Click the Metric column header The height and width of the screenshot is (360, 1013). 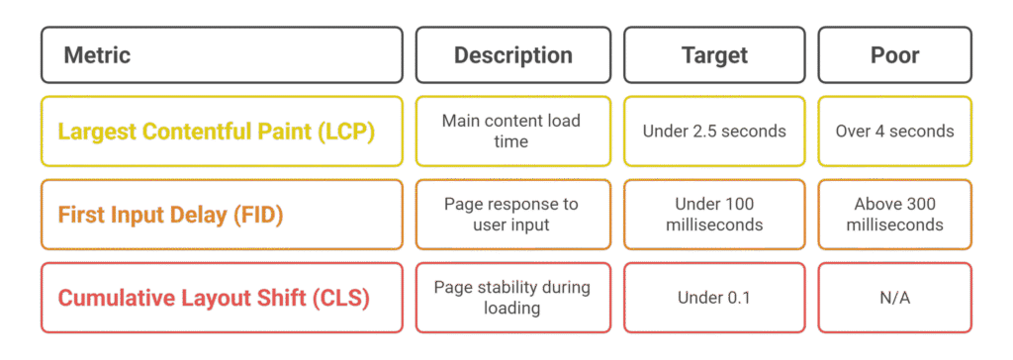pos(222,54)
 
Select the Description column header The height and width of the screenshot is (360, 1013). pos(512,54)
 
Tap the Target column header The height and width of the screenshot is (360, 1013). pos(714,54)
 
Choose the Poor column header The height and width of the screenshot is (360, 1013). pos(894,54)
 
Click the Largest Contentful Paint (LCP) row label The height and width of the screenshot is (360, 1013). pos(217,131)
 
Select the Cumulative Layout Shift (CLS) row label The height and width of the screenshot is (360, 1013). pos(214,298)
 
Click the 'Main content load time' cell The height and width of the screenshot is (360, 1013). pos(511,131)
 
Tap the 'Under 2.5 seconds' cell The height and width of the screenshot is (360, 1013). pos(714,131)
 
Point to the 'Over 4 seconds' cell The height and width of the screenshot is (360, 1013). pos(894,131)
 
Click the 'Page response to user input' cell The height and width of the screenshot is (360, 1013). pos(511,214)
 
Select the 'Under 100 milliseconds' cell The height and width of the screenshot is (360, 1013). pos(714,214)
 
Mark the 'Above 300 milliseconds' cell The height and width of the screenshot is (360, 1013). pos(894,214)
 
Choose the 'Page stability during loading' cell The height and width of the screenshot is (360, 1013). pos(511,297)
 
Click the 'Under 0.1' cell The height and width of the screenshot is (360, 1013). pos(714,298)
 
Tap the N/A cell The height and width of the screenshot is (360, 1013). pos(894,298)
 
